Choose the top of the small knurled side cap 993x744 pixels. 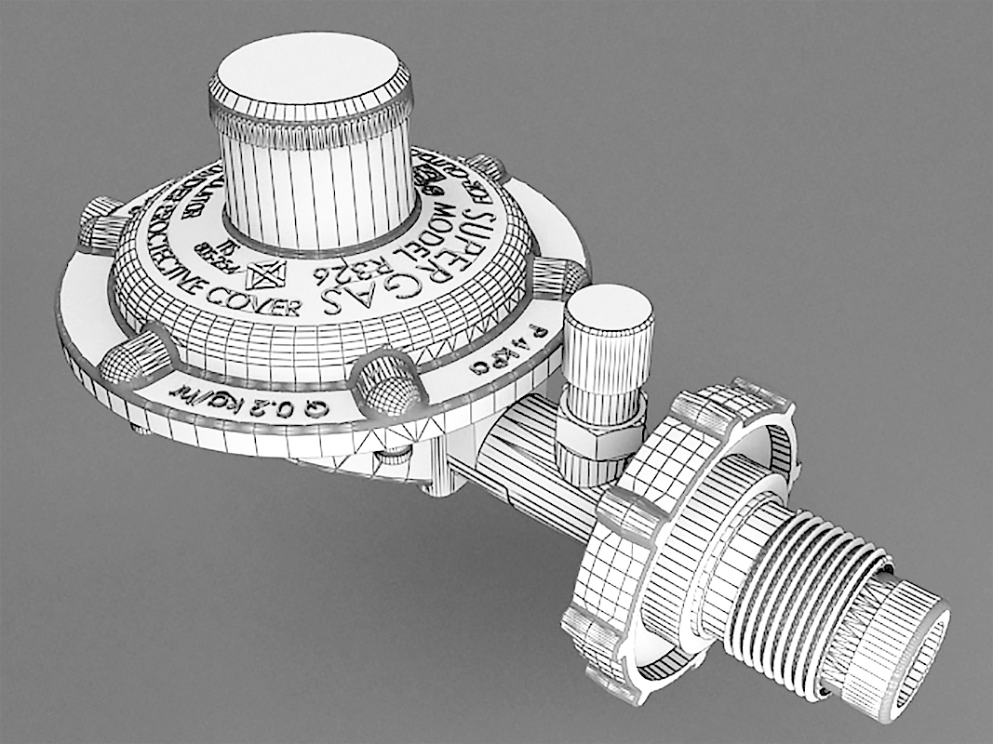tap(610, 307)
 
